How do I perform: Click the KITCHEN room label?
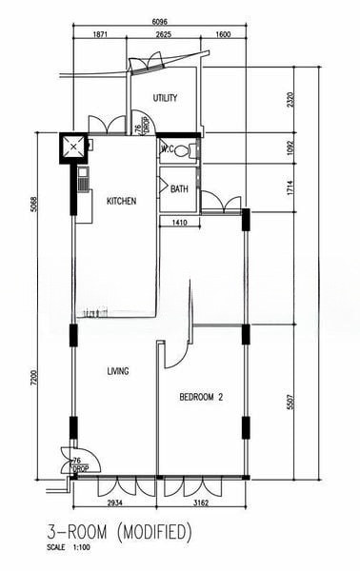[121, 201]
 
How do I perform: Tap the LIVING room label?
[117, 371]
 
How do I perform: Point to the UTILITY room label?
[166, 98]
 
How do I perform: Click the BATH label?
[179, 189]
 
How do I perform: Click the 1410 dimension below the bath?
[179, 223]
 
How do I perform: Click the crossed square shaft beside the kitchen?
[73, 147]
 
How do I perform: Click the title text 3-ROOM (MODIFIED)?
[119, 529]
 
